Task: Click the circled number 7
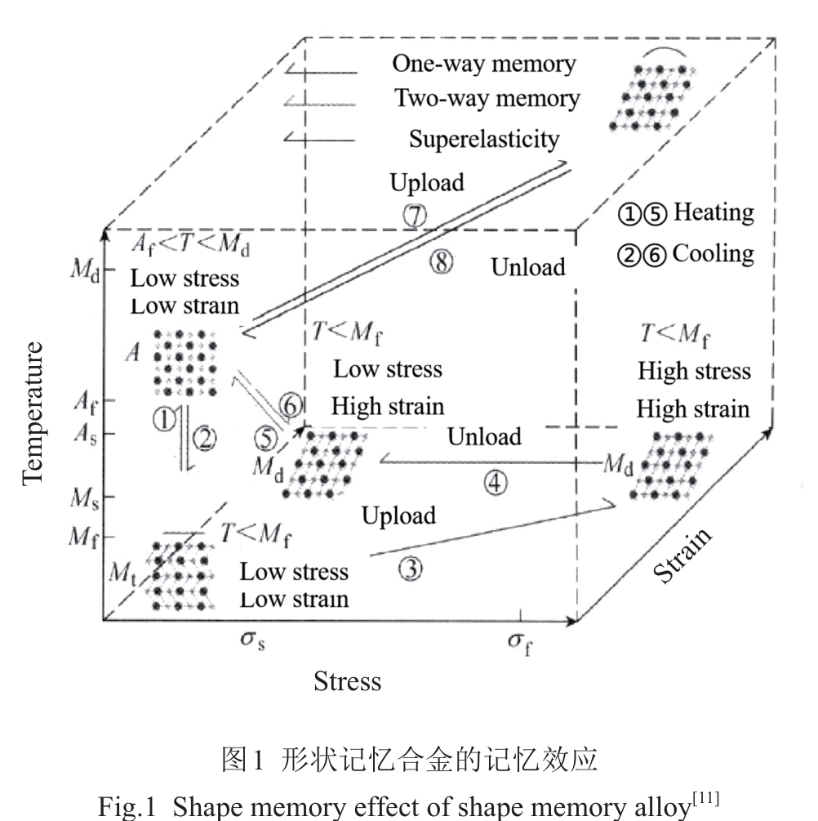(x=415, y=214)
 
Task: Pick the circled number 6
(x=291, y=404)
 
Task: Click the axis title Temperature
(x=33, y=413)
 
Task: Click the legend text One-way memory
(x=483, y=64)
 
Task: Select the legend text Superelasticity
(x=484, y=139)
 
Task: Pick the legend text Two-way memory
(x=487, y=100)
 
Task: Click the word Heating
(x=713, y=212)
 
